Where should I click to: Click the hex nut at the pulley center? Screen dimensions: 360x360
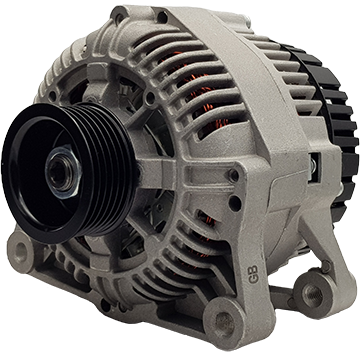point(63,172)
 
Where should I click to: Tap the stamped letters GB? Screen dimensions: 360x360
point(253,274)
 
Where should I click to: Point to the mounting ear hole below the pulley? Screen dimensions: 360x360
point(20,249)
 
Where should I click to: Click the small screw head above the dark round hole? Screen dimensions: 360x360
point(233,175)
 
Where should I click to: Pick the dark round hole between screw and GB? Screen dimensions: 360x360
point(235,203)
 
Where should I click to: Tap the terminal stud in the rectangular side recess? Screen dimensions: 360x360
point(313,166)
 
